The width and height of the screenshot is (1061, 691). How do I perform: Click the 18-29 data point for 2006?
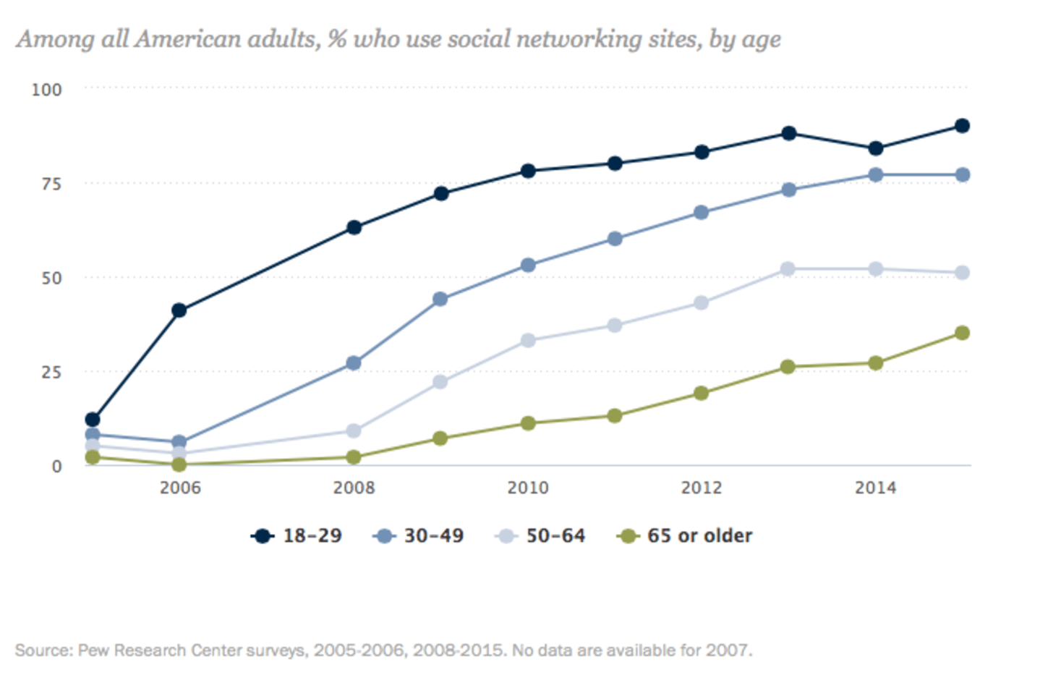point(179,310)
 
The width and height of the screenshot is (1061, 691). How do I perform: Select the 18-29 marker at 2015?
point(962,126)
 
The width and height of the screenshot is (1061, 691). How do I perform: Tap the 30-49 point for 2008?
point(354,363)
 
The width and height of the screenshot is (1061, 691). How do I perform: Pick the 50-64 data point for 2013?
point(788,269)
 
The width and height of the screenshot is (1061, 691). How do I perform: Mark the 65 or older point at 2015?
point(962,333)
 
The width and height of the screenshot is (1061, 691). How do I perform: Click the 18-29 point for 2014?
point(875,148)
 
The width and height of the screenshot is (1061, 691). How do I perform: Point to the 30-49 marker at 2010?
point(528,266)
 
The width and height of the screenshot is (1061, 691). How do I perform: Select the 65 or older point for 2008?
point(354,457)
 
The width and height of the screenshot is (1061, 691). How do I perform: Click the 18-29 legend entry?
point(297,536)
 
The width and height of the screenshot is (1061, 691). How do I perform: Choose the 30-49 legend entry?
point(418,536)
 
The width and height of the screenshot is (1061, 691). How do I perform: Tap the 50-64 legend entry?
point(540,536)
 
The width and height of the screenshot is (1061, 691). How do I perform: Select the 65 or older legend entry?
point(684,536)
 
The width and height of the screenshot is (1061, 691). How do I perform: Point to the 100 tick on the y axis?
point(46,90)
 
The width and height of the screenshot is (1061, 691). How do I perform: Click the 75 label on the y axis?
point(51,184)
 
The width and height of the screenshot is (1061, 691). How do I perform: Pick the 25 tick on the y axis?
point(51,372)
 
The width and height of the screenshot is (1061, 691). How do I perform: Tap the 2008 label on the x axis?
point(354,488)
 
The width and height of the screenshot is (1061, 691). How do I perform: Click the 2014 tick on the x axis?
point(875,488)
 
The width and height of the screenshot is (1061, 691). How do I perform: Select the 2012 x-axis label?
point(701,488)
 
